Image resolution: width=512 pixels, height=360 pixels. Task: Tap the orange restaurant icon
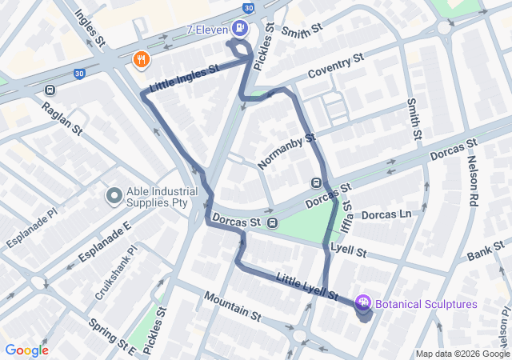coord(141,59)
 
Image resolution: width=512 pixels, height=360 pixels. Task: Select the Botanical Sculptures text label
coord(426,304)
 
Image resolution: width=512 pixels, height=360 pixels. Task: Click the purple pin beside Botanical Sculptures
coord(363,303)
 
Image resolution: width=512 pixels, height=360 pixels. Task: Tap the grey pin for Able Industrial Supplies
coord(114,194)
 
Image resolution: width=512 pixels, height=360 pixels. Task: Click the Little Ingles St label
coord(184,78)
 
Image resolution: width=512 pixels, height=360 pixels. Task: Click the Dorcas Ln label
coord(386,215)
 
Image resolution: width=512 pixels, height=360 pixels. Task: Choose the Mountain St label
coord(232,306)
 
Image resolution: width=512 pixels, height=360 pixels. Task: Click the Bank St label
coord(485,254)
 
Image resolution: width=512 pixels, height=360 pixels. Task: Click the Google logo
coord(26,350)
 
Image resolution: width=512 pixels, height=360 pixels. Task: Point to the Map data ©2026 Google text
coord(462,354)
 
